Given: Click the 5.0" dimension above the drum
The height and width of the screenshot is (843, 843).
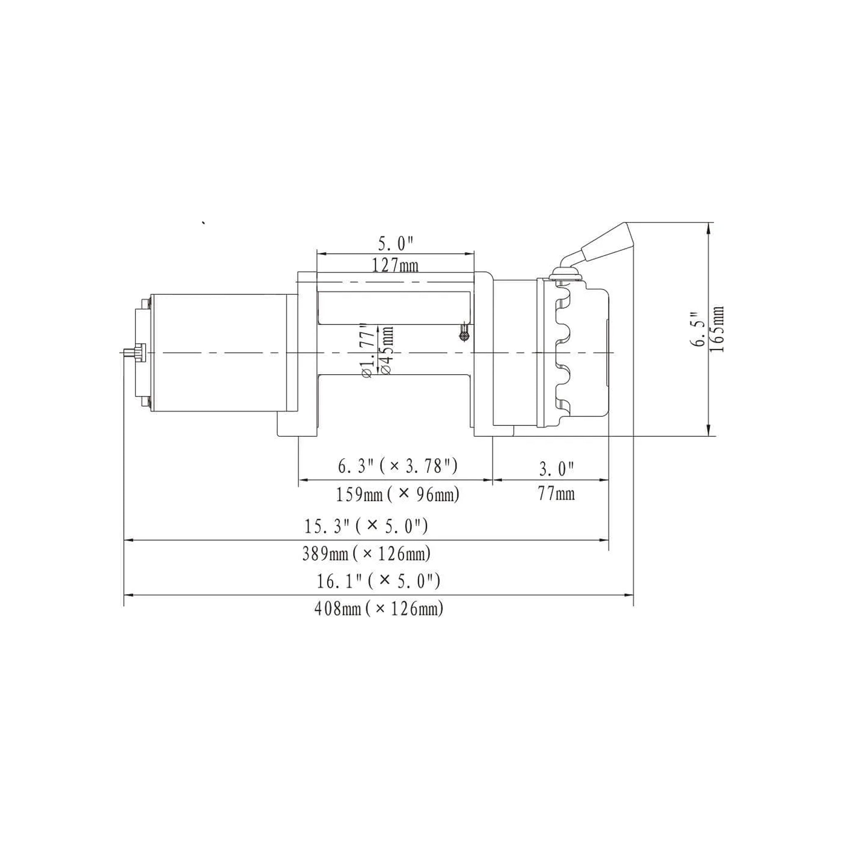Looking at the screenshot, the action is pos(395,244).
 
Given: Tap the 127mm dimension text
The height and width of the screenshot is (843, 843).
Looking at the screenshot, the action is pos(395,265).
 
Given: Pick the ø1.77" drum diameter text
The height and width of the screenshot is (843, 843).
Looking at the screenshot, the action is pos(368,351).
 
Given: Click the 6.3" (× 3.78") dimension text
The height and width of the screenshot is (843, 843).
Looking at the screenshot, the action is pos(398,466).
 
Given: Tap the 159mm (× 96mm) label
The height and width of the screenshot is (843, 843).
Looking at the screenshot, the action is pos(398,495).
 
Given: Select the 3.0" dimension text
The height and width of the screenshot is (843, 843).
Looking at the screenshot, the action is pos(557,470).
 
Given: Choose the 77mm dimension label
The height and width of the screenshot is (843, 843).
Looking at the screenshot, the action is pos(557,494).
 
